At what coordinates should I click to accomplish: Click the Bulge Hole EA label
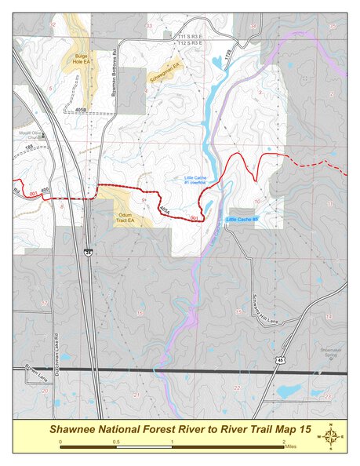(x=81, y=60)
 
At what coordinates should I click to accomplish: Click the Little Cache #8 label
(x=242, y=219)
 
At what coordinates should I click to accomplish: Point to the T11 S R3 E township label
(x=189, y=37)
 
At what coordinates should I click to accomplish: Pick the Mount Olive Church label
(x=32, y=134)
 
